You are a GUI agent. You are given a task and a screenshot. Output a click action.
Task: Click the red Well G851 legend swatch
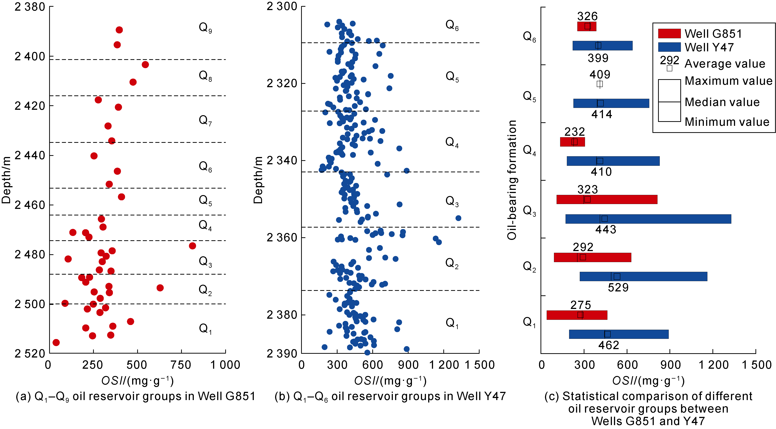(669, 33)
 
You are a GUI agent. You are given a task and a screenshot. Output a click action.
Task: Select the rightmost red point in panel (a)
(193, 246)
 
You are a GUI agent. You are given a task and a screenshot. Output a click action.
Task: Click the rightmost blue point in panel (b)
(458, 218)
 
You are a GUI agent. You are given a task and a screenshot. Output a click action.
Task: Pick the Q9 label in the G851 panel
(205, 28)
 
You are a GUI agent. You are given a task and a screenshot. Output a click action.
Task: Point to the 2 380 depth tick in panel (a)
(30, 7)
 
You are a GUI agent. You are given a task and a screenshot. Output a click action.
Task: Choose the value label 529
(618, 288)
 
